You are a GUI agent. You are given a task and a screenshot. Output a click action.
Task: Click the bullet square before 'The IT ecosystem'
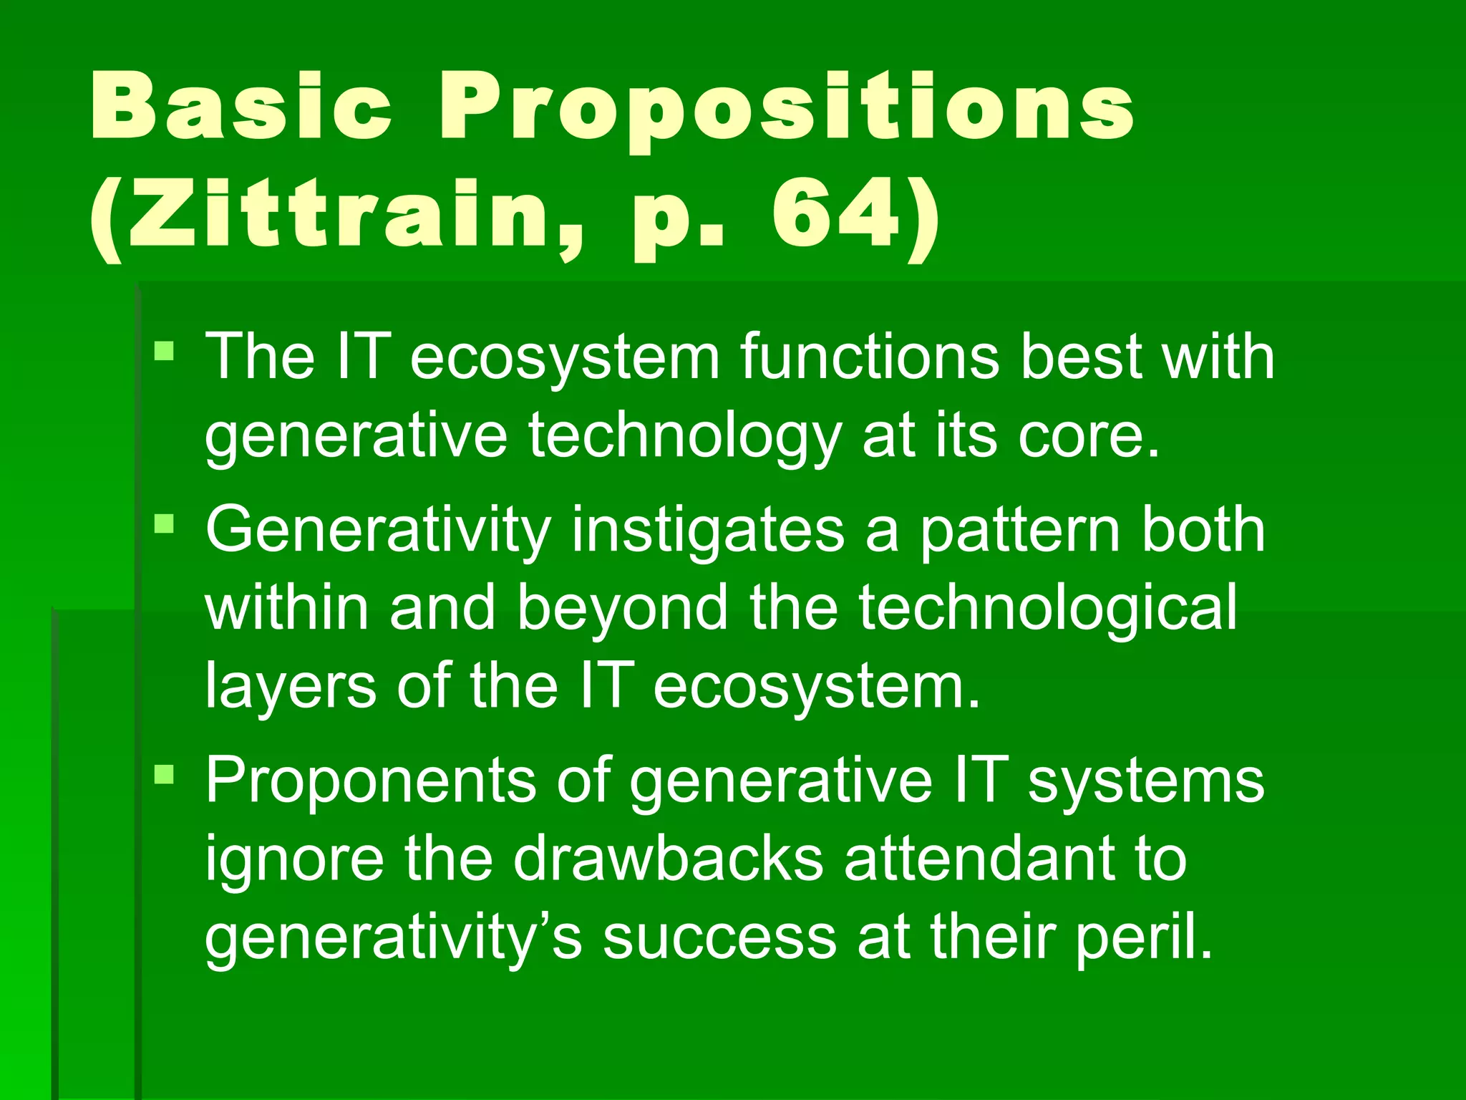(164, 351)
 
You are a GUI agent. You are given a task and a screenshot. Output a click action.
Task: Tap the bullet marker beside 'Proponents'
(164, 773)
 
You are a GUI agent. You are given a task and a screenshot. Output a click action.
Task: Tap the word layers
(290, 686)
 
